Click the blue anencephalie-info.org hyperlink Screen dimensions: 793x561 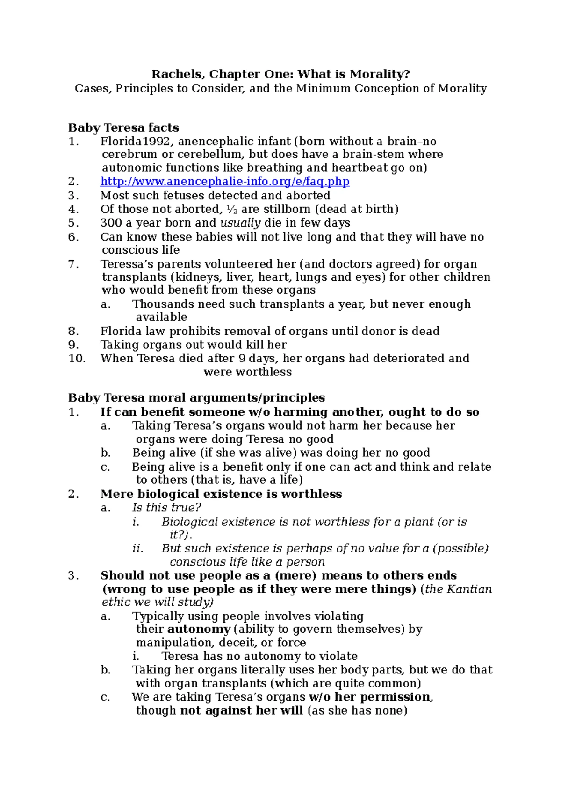coord(225,182)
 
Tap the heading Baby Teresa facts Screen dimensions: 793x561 coord(123,127)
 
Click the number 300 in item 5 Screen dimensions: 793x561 coord(111,223)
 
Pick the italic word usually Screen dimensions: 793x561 coord(240,223)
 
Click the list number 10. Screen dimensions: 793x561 coord(77,358)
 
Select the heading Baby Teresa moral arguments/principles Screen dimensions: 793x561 coord(196,398)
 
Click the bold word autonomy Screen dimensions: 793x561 coord(199,629)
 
